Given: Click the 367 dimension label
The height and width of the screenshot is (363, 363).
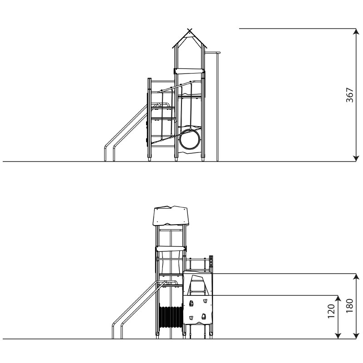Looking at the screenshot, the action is click(x=349, y=95).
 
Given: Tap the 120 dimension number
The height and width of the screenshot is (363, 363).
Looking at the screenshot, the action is click(x=331, y=311).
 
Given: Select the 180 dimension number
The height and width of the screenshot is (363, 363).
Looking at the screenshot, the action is click(x=349, y=306).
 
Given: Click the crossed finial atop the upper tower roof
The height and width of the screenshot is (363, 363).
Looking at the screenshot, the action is click(x=190, y=30).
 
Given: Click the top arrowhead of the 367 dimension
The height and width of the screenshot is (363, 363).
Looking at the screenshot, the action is click(x=356, y=31).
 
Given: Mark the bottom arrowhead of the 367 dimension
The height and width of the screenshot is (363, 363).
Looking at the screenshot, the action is click(x=356, y=158).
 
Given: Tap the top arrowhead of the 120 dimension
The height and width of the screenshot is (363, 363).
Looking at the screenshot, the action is click(x=338, y=299).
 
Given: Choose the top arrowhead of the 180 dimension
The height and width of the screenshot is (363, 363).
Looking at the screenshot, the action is click(x=356, y=277).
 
